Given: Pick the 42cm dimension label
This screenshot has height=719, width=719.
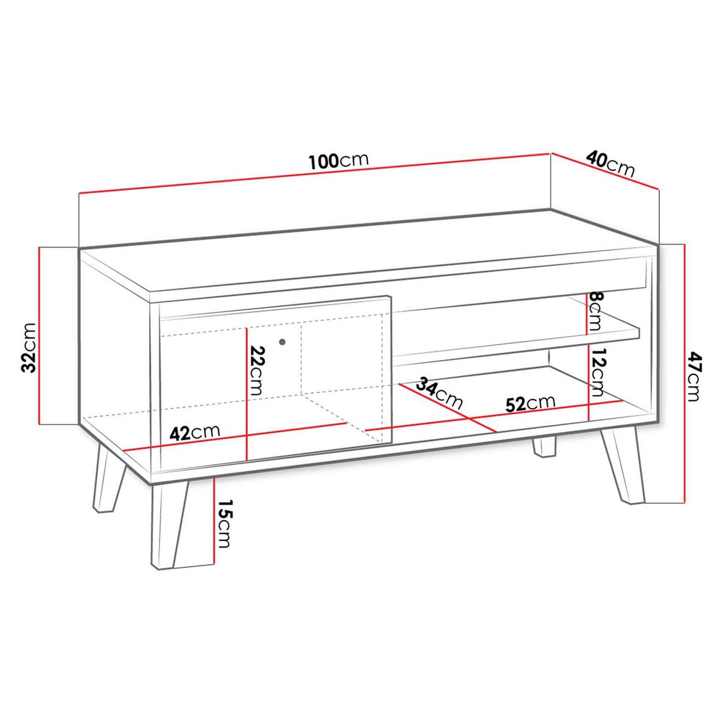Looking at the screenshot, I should (195, 433).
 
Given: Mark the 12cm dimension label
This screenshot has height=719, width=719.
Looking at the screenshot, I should (598, 373).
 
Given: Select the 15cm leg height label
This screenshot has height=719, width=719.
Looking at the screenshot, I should (224, 524).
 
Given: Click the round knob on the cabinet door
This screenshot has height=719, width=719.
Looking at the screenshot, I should (282, 342).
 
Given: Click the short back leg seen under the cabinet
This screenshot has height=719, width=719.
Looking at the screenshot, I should (544, 447).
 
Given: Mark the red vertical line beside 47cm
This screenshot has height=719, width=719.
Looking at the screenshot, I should (682, 371).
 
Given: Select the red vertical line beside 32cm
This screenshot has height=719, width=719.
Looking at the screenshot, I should (40, 336).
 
